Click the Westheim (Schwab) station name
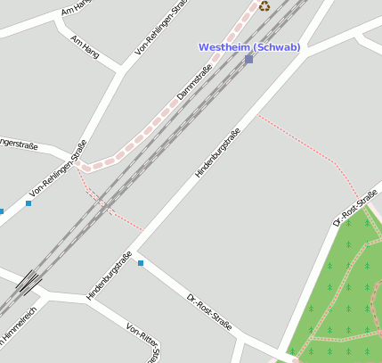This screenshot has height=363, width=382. (248, 46)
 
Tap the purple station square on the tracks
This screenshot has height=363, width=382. (248, 59)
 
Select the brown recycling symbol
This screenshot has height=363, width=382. (264, 6)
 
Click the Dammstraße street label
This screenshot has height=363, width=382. (195, 81)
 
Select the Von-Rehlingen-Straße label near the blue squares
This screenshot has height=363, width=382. (58, 169)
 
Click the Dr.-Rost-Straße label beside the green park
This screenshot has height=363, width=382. (355, 207)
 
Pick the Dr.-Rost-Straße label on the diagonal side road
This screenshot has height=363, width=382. (209, 312)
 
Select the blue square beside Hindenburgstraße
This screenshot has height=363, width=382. (140, 263)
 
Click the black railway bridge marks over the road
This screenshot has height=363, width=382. (28, 283)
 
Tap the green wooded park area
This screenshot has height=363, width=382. (343, 294)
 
